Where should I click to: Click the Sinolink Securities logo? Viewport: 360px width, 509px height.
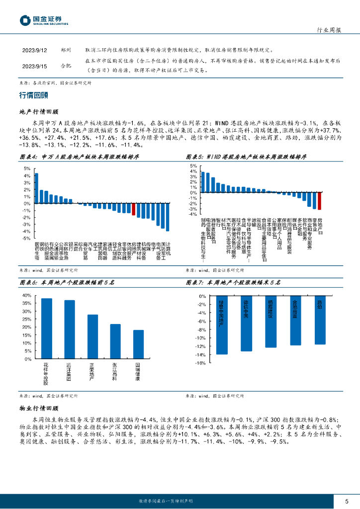pyautogui.click(x=43, y=20)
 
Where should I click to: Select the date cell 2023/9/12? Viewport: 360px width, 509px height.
pyautogui.click(x=34, y=50)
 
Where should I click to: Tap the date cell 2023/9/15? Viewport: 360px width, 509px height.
pyautogui.click(x=34, y=66)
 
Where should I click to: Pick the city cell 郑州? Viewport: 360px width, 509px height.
pyautogui.click(x=66, y=50)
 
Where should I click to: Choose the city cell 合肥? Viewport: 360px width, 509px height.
pyautogui.click(x=66, y=66)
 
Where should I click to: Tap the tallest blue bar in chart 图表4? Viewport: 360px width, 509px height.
pyautogui.click(x=36, y=188)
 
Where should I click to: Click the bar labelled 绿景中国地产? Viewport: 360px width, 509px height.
pyautogui.click(x=222, y=325)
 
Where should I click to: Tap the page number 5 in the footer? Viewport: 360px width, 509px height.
pyautogui.click(x=346, y=501)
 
